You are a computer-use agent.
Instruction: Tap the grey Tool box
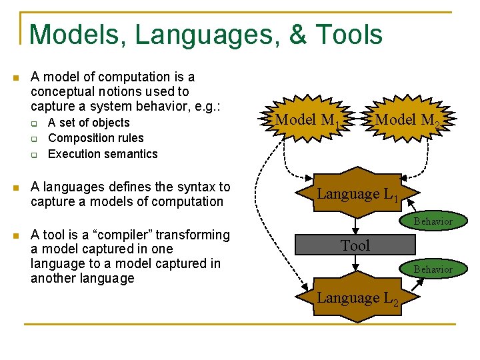[356, 245]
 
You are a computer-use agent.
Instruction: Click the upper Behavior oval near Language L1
[433, 221]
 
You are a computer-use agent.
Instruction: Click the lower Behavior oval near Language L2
[433, 269]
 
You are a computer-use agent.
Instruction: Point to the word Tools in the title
[349, 35]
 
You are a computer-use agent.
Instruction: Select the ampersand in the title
[297, 35]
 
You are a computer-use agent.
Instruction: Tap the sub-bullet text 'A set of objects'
[89, 123]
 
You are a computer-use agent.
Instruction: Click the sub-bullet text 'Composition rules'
[96, 138]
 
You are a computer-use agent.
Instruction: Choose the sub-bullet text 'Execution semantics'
[103, 154]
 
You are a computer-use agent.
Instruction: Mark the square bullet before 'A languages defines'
[16, 188]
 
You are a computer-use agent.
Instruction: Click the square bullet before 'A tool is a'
[16, 235]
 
